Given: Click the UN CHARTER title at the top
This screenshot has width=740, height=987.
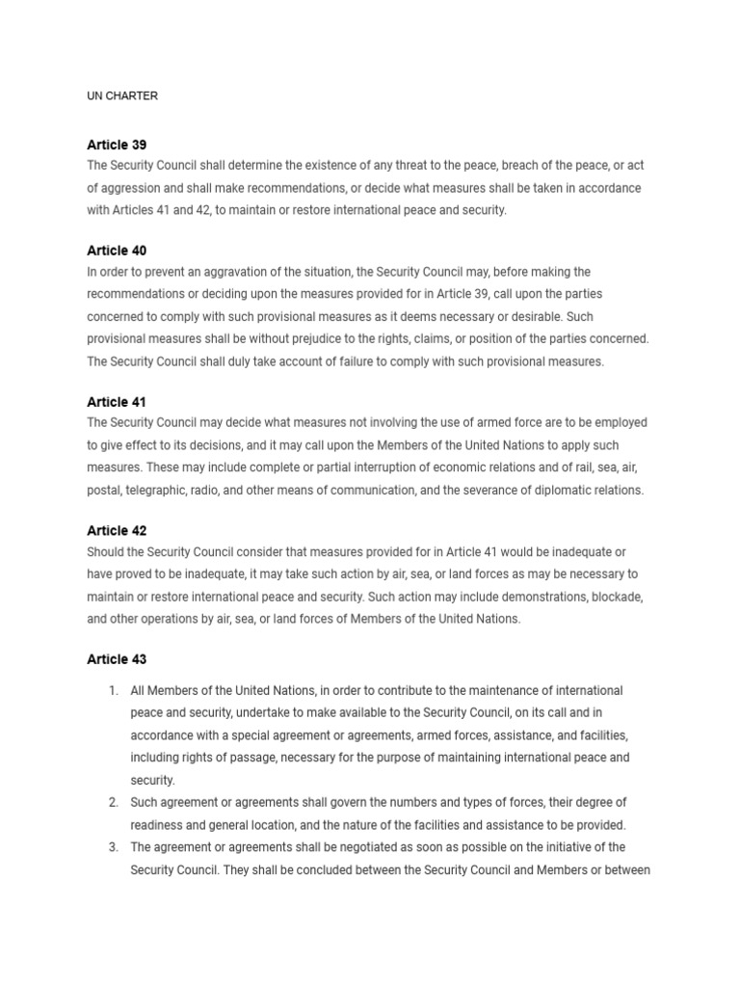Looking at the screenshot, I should pos(122,95).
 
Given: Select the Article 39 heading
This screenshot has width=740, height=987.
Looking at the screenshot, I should pos(117,145).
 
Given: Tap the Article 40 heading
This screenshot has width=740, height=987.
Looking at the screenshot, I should pos(117,251).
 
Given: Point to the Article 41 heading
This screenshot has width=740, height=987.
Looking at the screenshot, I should pos(117,402).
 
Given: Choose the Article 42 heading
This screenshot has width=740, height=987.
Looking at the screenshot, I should pos(117,531).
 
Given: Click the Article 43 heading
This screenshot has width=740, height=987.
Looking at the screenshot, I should pos(117,659).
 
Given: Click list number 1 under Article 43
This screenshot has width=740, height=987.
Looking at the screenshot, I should pos(113,691).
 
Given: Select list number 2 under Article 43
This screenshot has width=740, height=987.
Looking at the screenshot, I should pos(113,802).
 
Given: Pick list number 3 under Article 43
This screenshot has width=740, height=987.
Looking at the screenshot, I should pos(113,847).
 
